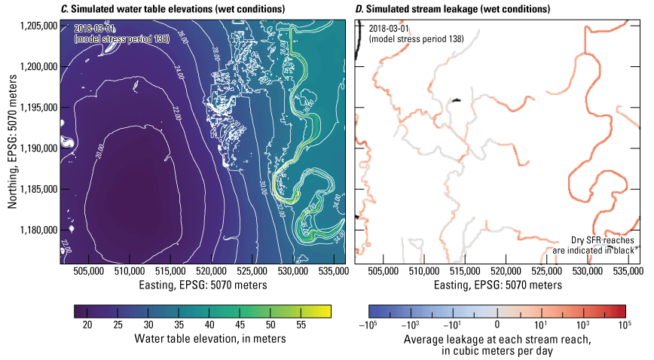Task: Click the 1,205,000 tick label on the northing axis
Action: pos(39,26)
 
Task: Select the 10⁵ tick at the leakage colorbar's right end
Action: pos(625,323)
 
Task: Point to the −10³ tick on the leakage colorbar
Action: pos(412,323)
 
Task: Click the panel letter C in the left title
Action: pos(64,9)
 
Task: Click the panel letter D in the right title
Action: pos(358,9)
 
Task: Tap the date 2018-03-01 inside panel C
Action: pos(95,28)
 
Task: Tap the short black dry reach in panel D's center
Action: pos(456,99)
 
